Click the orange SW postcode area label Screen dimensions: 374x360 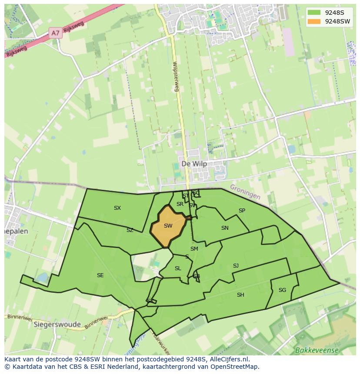(168, 226)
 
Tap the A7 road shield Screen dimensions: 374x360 (55, 33)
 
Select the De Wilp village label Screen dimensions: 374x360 (194, 164)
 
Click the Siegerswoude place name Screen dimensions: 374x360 (57, 324)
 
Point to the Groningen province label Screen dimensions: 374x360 (245, 192)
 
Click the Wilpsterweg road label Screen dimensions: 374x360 (176, 76)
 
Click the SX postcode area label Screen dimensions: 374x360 (117, 208)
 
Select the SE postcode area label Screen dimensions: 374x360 (100, 275)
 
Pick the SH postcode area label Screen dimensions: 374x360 (240, 295)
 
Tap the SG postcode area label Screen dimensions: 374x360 (282, 290)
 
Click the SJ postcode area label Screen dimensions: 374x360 (236, 266)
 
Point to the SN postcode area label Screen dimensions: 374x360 (225, 228)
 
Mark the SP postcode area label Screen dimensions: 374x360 (242, 211)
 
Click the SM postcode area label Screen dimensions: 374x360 (194, 249)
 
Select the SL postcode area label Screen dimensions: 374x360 (178, 268)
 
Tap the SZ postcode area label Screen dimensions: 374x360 (130, 230)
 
